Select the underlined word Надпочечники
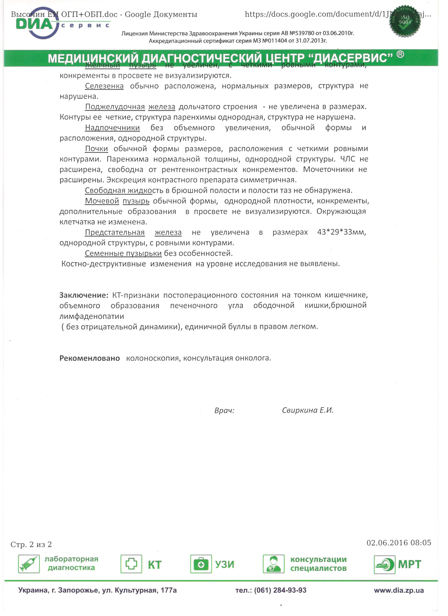click(x=112, y=128)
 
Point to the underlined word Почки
click(x=96, y=149)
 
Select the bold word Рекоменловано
click(x=89, y=358)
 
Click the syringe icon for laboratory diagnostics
click(x=29, y=564)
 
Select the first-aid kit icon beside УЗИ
click(x=201, y=564)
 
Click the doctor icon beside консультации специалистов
click(x=273, y=564)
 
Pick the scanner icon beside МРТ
click(x=384, y=565)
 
